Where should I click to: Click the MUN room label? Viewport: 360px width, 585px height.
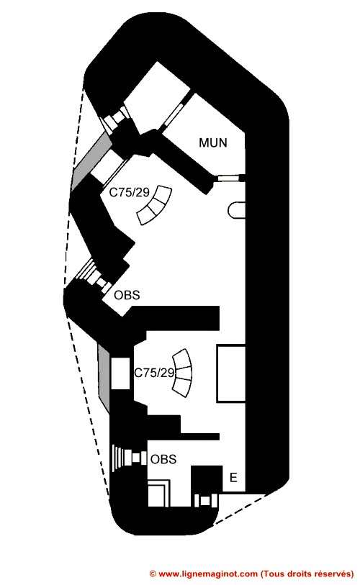(x=213, y=142)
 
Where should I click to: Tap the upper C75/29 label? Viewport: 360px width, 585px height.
(x=129, y=192)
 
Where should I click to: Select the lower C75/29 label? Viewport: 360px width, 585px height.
(x=154, y=373)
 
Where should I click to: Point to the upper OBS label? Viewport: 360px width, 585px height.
(x=127, y=295)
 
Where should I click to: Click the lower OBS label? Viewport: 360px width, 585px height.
(x=163, y=459)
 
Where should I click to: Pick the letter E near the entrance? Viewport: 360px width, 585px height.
(x=233, y=478)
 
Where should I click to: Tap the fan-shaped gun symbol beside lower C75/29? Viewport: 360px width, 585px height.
(x=183, y=373)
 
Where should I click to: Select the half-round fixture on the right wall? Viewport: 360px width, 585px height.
(x=236, y=209)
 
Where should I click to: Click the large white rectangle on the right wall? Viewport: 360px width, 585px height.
(x=231, y=373)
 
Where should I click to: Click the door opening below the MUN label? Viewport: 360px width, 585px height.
(x=230, y=178)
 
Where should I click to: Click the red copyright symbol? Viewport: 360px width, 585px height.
(x=153, y=573)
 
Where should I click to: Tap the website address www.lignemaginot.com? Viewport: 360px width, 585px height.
(x=208, y=573)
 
